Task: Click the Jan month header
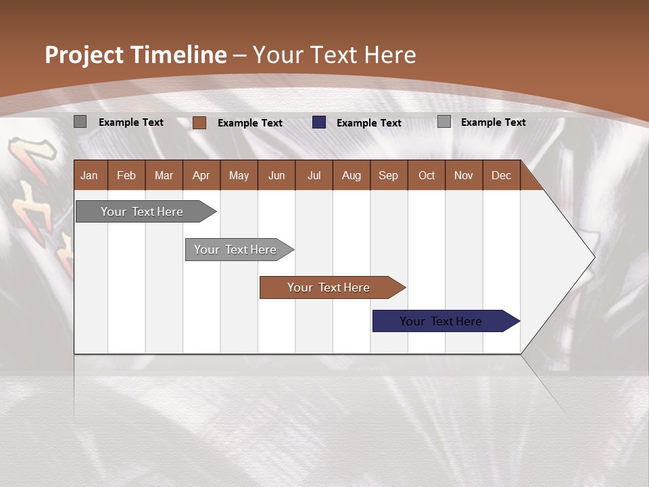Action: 89,175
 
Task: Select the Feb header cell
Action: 126,175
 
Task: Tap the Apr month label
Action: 201,175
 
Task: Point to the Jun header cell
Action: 277,175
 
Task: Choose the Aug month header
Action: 351,175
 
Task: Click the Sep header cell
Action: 388,175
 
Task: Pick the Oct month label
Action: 427,175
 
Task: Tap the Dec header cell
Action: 501,175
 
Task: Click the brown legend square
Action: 199,122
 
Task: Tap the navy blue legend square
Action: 319,122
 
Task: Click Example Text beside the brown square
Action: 250,123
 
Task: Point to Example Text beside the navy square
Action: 369,123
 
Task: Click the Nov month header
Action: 464,175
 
